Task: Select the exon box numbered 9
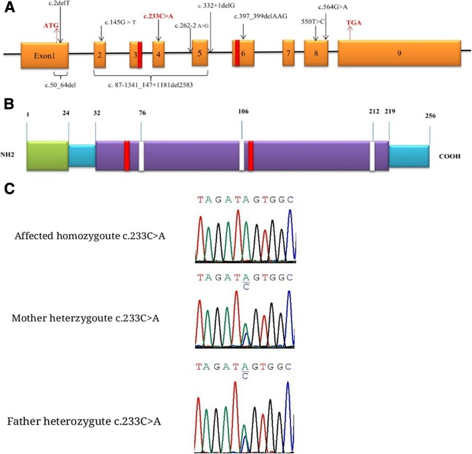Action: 397,54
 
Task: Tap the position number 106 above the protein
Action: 242,111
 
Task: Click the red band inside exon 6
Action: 236,54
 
